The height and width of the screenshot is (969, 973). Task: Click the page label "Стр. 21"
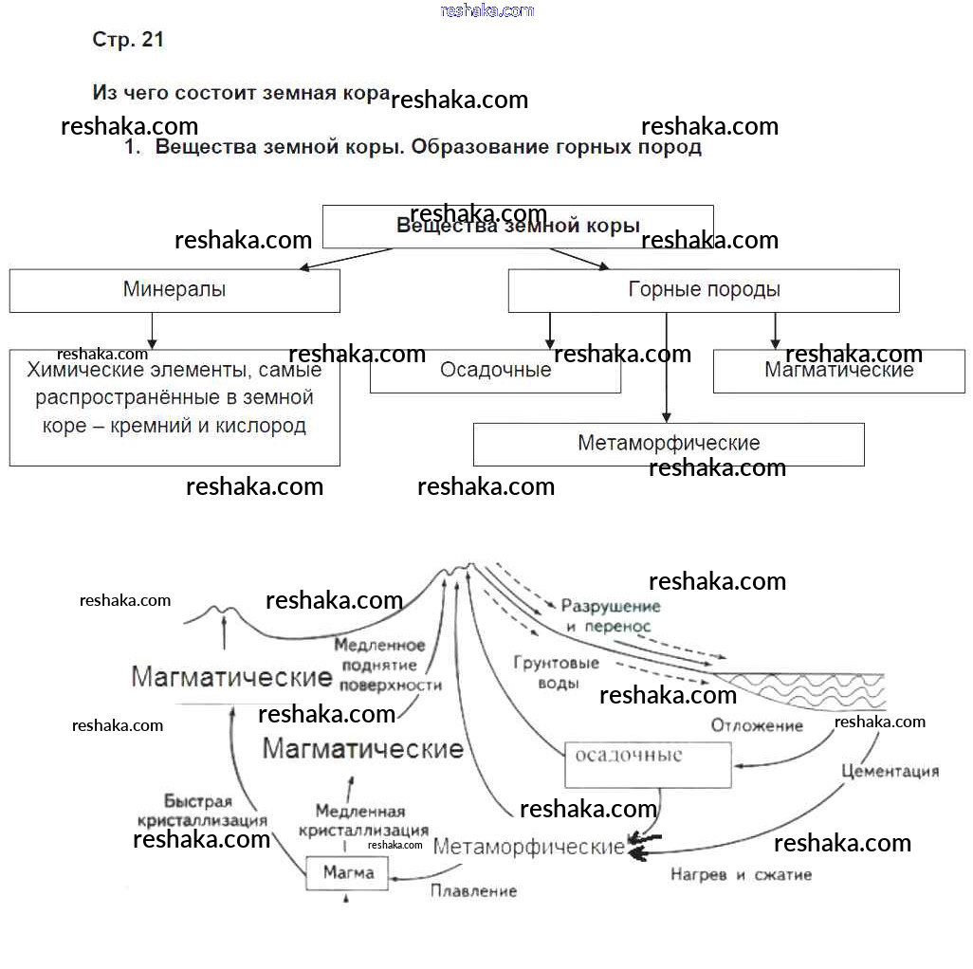[x=128, y=40]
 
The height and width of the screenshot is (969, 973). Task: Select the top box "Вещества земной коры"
[x=518, y=227]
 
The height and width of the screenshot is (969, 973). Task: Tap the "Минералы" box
[x=174, y=290]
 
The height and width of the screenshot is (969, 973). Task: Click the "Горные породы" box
[x=704, y=290]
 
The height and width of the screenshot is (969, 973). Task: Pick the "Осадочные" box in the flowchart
[x=495, y=371]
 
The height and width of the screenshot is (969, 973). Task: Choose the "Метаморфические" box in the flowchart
[x=669, y=444]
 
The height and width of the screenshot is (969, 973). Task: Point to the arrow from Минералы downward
[x=152, y=331]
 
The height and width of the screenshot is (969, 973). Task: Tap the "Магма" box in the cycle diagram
[x=348, y=872]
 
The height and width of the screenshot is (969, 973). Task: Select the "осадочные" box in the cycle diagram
[x=648, y=764]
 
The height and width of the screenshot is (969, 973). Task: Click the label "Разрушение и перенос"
[x=610, y=616]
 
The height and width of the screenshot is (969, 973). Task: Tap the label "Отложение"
[x=757, y=725]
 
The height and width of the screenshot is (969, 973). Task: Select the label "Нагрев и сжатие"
[x=741, y=874]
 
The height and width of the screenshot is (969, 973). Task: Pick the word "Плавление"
[x=473, y=891]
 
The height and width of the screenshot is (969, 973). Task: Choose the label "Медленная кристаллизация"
[x=363, y=820]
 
